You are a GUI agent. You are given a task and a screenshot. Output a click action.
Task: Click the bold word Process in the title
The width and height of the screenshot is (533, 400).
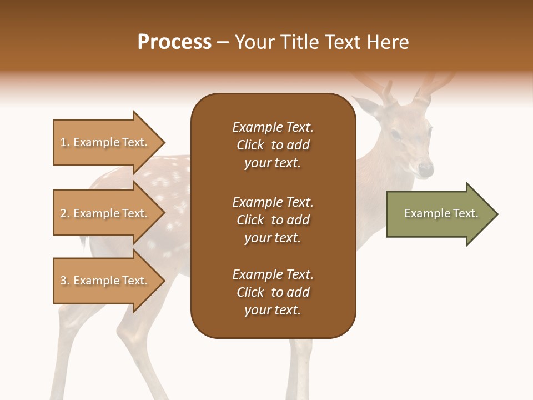pos(174,42)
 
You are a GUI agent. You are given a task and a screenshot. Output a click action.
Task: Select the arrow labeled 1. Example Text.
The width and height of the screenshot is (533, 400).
pos(105,142)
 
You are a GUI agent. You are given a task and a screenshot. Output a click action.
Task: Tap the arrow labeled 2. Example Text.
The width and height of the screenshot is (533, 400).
pos(105,213)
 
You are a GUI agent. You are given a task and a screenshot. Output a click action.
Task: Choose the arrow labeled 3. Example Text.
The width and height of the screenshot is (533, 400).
pos(105,281)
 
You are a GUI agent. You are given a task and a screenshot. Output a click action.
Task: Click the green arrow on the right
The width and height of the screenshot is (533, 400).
pos(439,214)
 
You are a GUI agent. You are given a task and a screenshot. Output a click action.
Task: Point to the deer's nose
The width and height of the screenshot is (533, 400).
pos(426,167)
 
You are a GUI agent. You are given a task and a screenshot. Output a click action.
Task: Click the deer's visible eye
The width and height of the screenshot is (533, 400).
pos(396,134)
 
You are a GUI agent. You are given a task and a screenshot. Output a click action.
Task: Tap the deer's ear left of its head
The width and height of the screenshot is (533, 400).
pos(366,107)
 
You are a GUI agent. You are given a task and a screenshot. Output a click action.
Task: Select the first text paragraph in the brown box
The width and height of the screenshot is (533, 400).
pos(273,145)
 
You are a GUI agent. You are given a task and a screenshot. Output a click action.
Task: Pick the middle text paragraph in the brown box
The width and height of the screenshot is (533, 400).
pos(273,220)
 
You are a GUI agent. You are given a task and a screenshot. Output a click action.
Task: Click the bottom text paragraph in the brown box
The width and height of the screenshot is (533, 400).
pos(273,292)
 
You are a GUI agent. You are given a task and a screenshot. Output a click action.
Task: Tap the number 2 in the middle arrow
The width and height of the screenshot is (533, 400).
pos(64,213)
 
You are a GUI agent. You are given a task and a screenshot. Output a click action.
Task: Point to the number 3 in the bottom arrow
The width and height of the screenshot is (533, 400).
pos(64,281)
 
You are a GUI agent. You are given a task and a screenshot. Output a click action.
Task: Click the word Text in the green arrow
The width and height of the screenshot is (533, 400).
pos(466,213)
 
